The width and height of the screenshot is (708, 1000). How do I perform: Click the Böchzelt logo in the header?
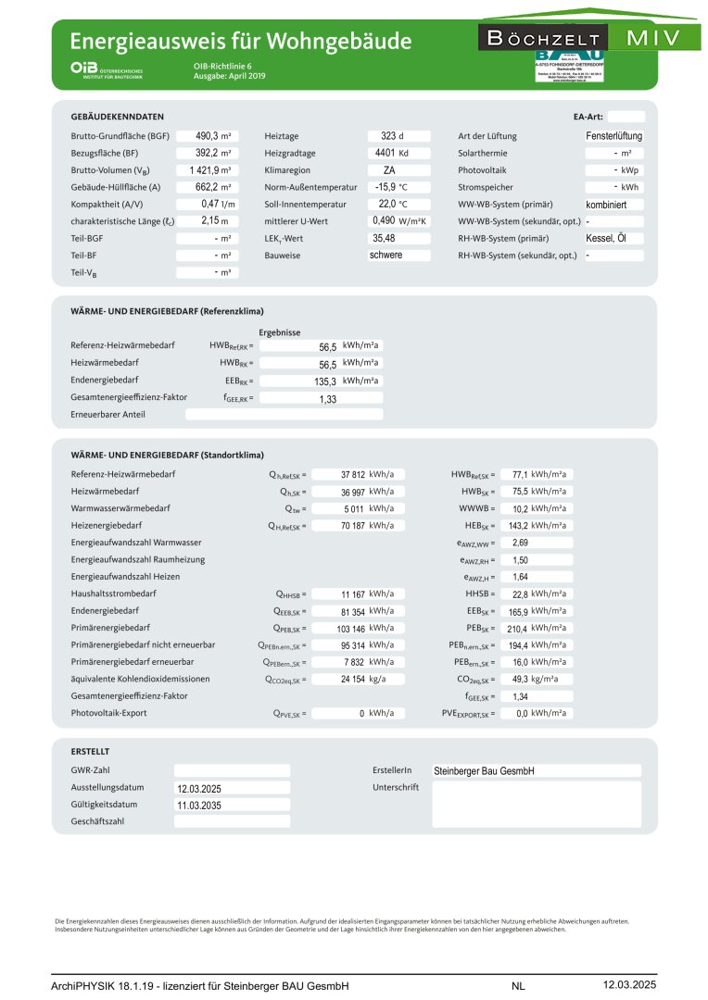543,38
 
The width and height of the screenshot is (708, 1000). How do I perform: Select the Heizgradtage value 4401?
385,153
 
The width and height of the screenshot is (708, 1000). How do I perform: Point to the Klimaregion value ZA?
390,170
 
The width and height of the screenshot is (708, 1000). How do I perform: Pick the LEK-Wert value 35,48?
384,238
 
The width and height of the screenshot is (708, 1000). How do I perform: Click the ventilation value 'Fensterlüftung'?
613,136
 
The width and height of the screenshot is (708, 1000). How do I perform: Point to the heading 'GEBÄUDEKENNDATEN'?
118,117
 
